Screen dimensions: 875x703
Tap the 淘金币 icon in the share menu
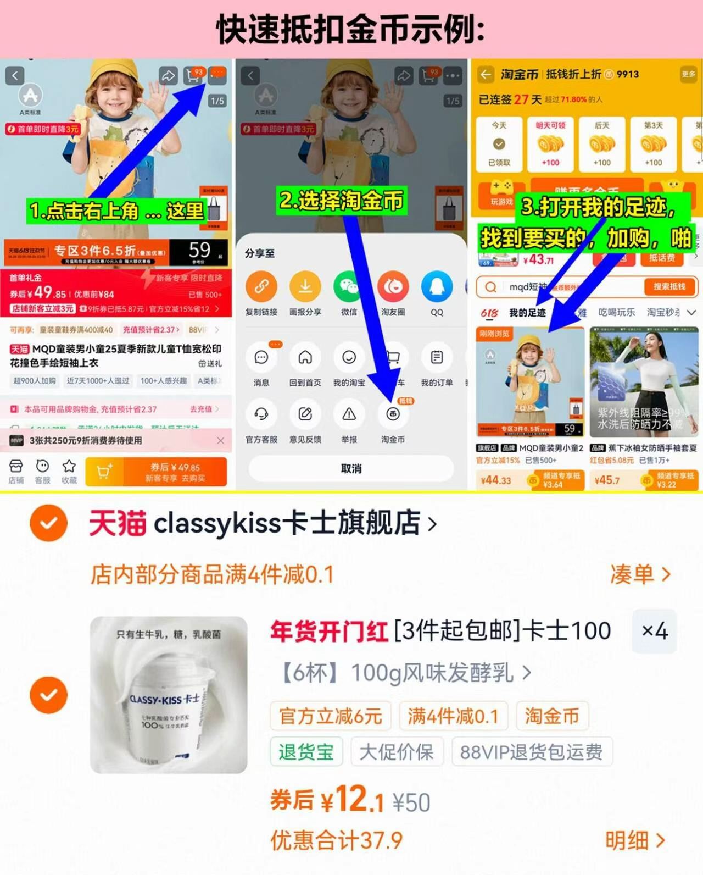pos(393,414)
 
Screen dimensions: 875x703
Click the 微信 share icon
pos(349,286)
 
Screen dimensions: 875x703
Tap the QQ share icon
pos(437,286)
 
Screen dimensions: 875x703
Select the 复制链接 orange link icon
pos(261,286)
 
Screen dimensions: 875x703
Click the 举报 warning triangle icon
pos(349,414)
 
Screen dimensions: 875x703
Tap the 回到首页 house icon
pos(305,358)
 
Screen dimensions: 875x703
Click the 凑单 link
pos(640,574)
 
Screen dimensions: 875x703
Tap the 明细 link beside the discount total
pos(635,840)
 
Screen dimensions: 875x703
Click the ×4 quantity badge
pos(655,631)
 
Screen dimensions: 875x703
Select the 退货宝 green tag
pos(306,752)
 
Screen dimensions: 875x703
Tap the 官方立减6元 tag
pos(330,716)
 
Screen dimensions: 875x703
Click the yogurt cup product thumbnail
pos(169,695)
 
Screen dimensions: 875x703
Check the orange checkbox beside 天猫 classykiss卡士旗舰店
pos(49,523)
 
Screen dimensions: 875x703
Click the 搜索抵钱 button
pos(669,286)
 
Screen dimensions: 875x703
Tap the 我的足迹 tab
pos(527,313)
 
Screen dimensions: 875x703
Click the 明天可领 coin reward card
pos(550,144)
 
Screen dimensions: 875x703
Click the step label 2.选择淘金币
pos(342,201)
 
